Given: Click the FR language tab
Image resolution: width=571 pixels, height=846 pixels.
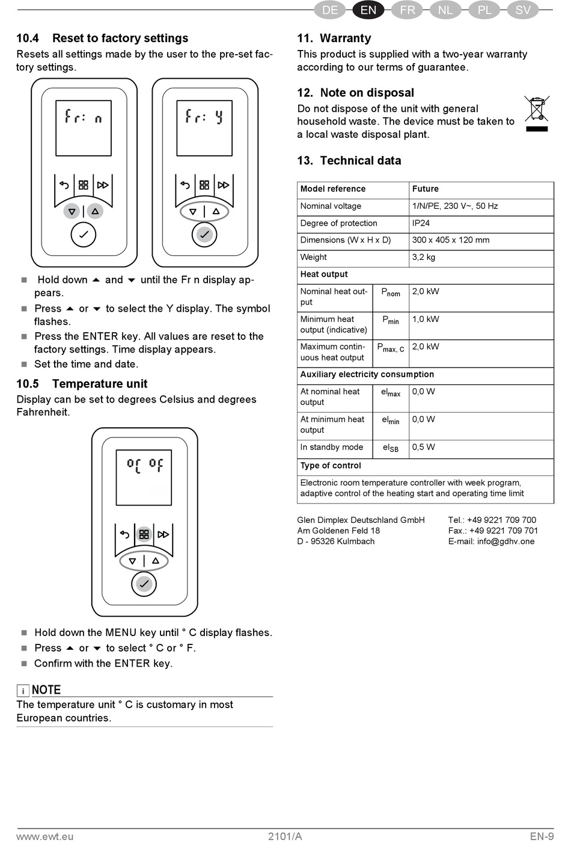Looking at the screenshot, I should [x=408, y=10].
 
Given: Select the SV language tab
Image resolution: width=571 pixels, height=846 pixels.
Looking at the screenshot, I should [x=522, y=10].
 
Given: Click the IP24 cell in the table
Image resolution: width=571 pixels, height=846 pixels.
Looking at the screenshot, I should [x=421, y=223].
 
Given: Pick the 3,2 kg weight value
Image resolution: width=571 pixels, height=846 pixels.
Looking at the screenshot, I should [x=424, y=258].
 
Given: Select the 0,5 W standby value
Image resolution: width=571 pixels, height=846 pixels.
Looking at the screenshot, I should [x=423, y=447].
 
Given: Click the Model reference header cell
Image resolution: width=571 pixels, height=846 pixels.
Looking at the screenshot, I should [x=333, y=189].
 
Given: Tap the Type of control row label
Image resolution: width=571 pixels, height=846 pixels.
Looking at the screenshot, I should [x=331, y=466].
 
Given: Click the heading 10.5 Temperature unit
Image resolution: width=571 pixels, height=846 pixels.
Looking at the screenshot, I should [x=82, y=384].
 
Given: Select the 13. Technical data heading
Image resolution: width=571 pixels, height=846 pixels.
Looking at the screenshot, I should [x=349, y=161].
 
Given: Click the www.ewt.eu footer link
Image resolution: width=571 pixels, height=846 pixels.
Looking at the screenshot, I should [x=45, y=836].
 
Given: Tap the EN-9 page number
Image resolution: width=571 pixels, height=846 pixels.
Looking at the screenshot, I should [x=542, y=836].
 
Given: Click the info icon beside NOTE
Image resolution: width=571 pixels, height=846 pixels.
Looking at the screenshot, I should [x=23, y=691].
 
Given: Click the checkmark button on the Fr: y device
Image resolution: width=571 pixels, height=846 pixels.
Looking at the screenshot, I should [x=204, y=234].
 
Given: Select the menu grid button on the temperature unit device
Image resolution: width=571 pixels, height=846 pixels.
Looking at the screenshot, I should [x=144, y=534].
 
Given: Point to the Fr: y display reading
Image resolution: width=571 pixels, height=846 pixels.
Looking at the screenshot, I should [x=204, y=116].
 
